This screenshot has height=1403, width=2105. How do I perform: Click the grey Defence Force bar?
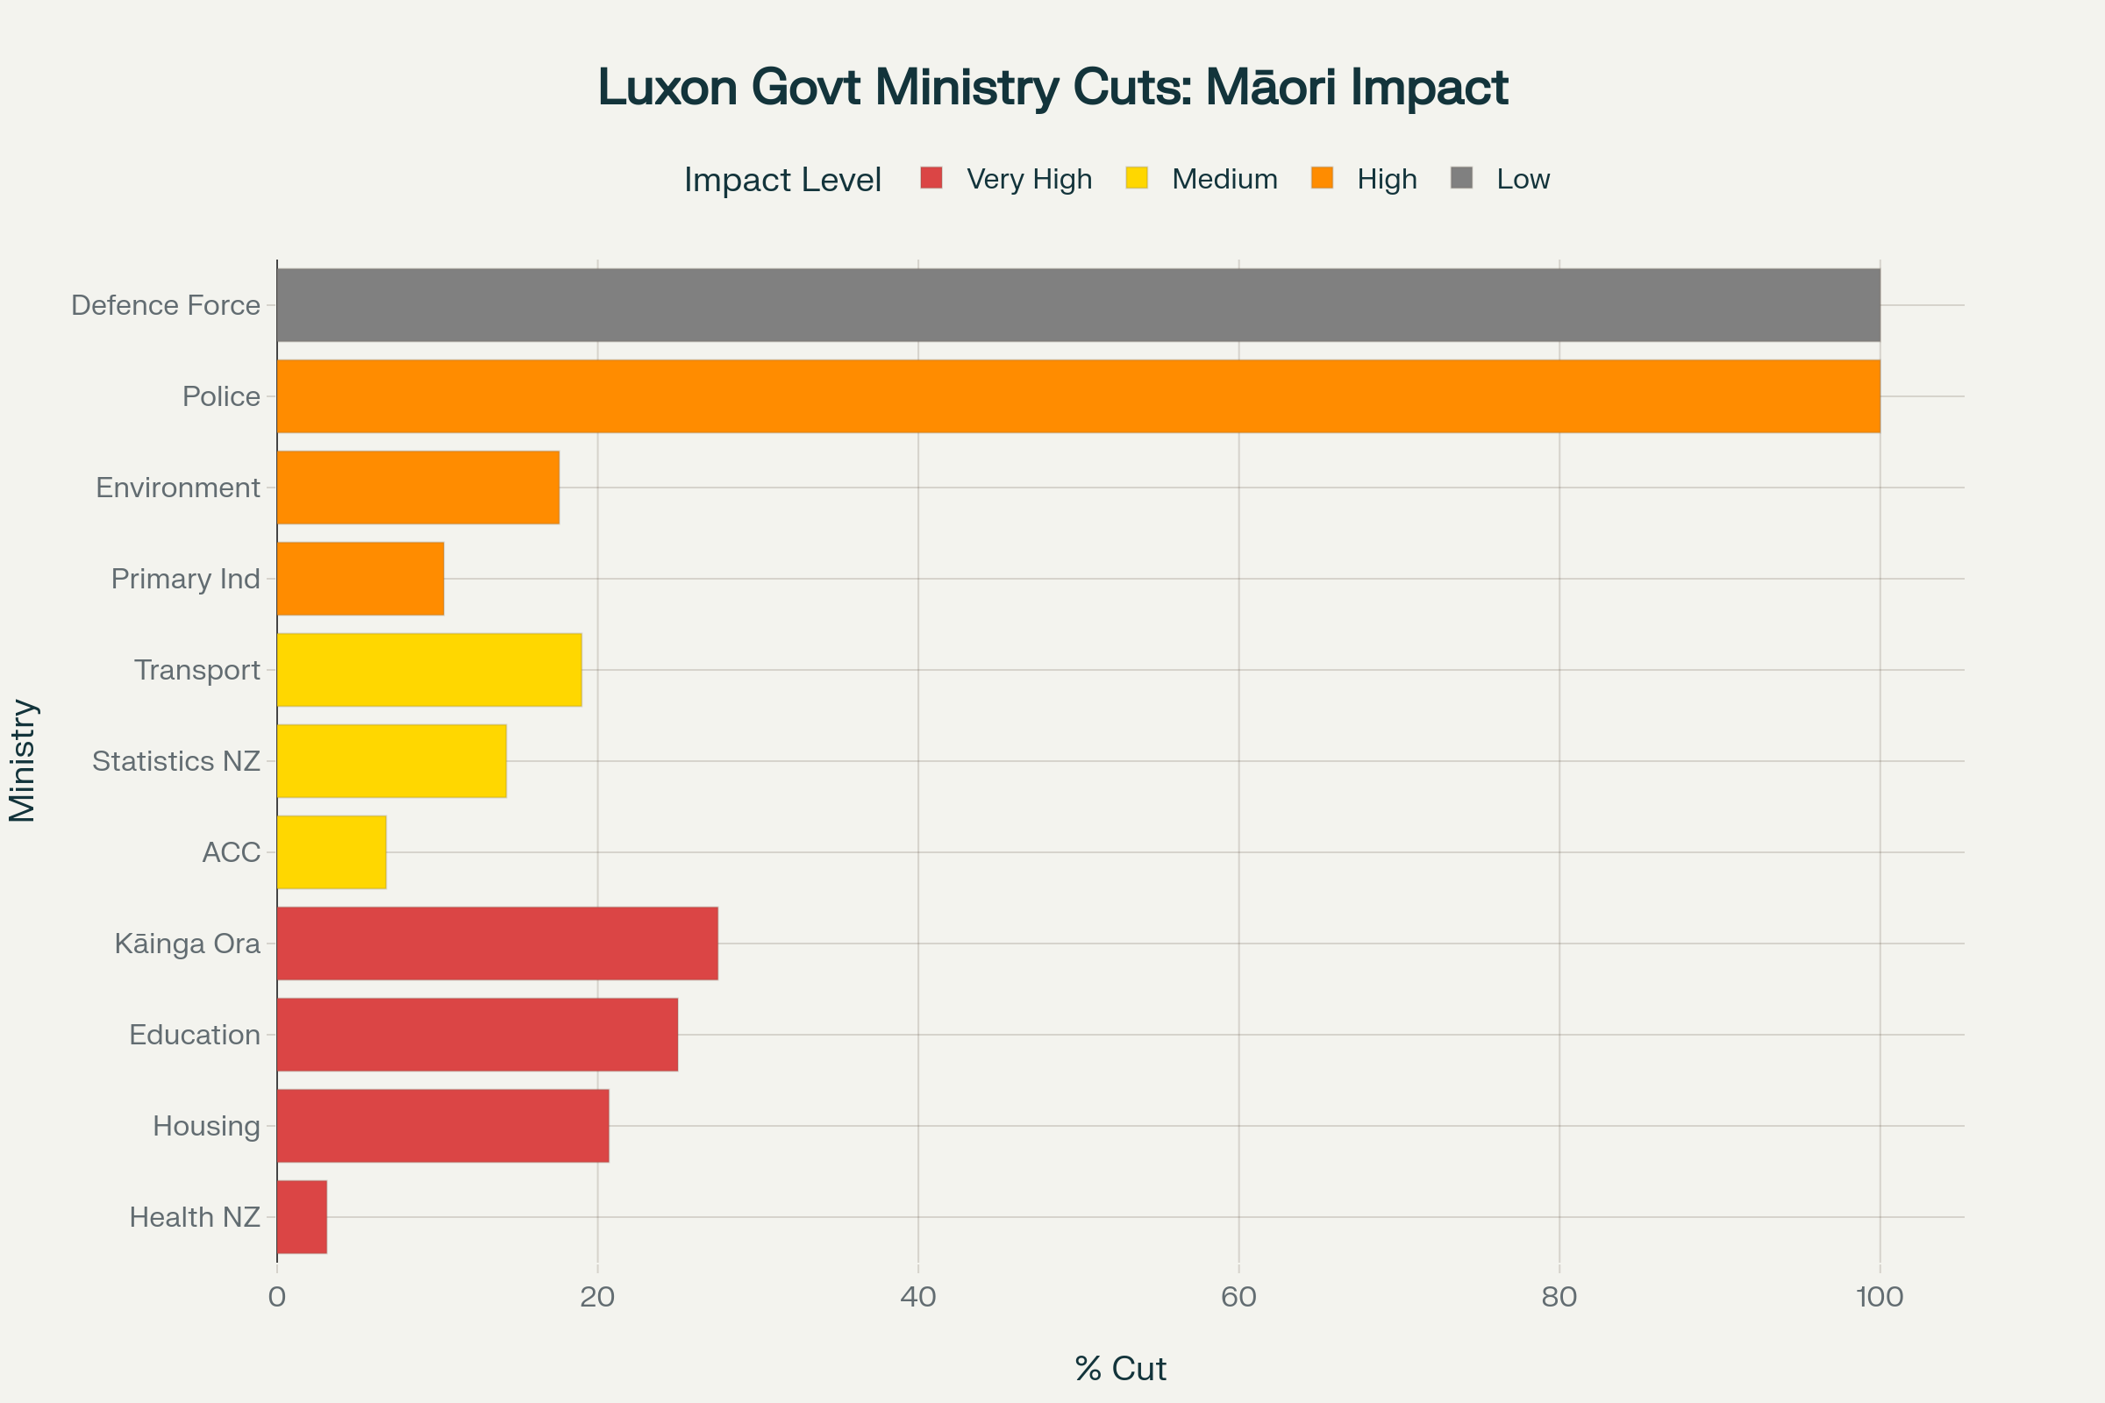(1078, 305)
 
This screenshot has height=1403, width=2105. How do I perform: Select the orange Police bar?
(1078, 396)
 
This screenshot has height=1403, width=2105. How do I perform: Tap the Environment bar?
(418, 488)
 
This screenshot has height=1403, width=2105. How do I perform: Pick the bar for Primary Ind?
(360, 579)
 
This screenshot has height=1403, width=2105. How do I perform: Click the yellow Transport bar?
(429, 670)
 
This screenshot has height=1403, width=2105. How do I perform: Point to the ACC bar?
(332, 851)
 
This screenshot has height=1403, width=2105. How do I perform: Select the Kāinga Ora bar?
(496, 944)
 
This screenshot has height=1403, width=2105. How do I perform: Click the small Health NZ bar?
(302, 1217)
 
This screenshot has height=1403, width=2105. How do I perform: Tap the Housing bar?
(442, 1126)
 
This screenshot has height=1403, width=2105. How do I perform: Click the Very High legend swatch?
(931, 178)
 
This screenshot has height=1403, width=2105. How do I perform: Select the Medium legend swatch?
(1137, 178)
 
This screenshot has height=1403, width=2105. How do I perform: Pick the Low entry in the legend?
(1523, 179)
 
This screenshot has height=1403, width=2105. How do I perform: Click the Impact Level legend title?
(782, 180)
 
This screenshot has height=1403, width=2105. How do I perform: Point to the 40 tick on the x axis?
(918, 1297)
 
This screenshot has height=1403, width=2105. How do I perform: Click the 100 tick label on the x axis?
(1880, 1297)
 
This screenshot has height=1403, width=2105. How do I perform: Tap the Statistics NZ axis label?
(176, 761)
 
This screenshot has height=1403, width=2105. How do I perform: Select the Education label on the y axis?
(194, 1035)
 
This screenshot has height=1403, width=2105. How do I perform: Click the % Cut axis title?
(1121, 1368)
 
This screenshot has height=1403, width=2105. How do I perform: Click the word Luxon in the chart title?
(667, 88)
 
